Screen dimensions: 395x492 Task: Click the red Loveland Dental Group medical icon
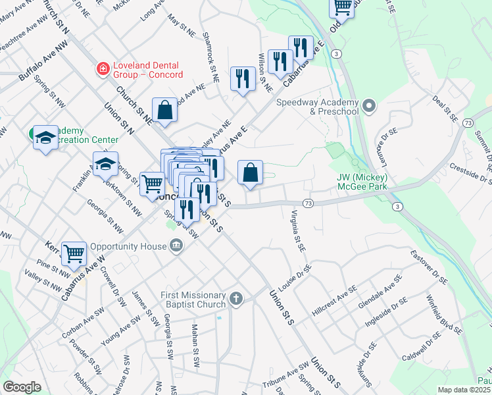(103, 67)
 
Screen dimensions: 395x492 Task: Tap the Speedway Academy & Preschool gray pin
(369, 105)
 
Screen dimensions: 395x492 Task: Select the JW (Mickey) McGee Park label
(361, 182)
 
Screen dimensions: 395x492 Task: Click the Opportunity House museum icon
(176, 246)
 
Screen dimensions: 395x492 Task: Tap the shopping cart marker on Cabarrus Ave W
(74, 253)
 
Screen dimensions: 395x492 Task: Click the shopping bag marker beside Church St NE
(164, 110)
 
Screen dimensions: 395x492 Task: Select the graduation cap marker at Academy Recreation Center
(45, 137)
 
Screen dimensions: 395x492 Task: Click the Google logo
(22, 387)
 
